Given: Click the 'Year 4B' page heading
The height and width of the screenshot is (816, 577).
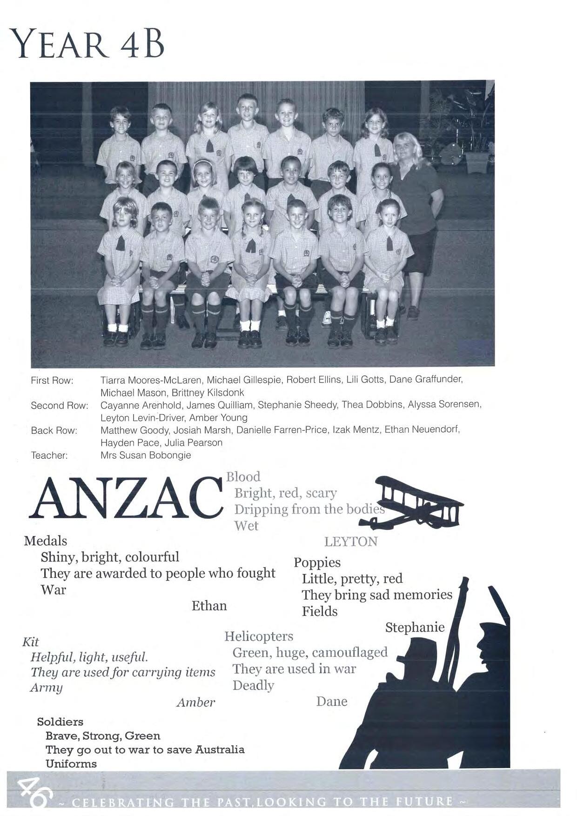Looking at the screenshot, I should (x=87, y=43).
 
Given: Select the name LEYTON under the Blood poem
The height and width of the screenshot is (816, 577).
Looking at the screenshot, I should (x=350, y=542).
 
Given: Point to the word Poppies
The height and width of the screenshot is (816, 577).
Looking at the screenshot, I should (x=317, y=562).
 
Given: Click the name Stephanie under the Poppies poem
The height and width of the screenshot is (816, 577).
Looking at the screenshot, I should (x=415, y=628).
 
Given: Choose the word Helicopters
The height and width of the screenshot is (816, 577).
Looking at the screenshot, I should (x=259, y=636).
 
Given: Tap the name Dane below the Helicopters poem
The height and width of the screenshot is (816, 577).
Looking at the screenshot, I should (x=331, y=702).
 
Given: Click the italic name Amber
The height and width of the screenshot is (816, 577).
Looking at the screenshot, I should (x=195, y=702).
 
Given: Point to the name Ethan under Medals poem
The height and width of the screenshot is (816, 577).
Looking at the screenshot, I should (x=209, y=606).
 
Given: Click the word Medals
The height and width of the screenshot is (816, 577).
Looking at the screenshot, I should (x=45, y=541).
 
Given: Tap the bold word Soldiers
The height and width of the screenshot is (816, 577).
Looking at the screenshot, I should (x=60, y=722).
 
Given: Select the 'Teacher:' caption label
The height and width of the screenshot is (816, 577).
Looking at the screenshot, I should (x=49, y=455).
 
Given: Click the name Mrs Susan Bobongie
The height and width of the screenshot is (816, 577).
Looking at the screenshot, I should (x=146, y=455).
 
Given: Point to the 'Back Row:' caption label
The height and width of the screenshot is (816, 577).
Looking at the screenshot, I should (x=54, y=430).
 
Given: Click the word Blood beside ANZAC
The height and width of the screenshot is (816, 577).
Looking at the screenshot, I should (x=243, y=477).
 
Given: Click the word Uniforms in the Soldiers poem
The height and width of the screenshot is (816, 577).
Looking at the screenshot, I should (x=71, y=764).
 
